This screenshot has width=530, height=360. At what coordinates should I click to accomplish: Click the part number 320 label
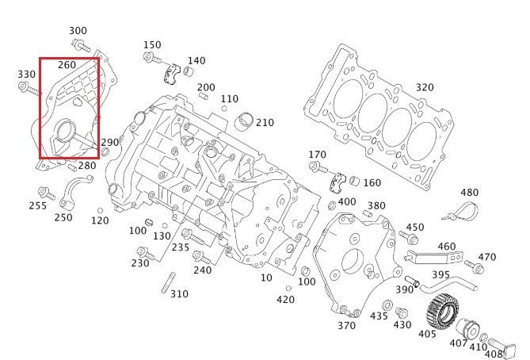(425, 87)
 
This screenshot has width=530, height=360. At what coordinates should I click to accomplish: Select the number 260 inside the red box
(67, 64)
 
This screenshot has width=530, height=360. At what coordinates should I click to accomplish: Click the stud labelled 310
(168, 285)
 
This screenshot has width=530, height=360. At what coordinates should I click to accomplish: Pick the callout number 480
(470, 193)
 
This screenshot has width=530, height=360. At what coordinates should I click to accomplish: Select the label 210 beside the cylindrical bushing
(265, 123)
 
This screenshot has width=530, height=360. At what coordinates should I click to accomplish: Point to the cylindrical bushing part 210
(245, 124)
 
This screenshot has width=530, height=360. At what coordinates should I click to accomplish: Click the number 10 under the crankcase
(265, 278)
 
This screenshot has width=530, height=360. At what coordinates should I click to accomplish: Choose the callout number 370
(346, 325)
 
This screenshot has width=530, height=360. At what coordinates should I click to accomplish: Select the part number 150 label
(151, 44)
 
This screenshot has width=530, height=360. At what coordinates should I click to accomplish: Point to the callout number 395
(440, 274)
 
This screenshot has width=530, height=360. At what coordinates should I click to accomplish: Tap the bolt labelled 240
(200, 258)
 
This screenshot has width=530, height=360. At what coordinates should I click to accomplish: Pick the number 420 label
(285, 300)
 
